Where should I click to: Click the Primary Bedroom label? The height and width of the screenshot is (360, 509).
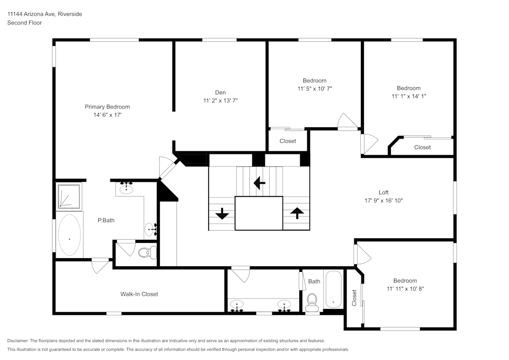107,107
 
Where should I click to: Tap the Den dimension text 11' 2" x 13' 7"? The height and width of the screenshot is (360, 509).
220,101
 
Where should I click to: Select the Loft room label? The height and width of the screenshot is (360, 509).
383,192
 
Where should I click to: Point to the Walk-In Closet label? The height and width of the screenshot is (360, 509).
139,294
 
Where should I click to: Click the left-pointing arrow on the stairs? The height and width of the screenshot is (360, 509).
260,182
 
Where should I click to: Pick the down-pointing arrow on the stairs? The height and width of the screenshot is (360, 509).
222,213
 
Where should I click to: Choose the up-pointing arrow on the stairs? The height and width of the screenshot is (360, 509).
297,212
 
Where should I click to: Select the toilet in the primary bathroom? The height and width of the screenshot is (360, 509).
147,252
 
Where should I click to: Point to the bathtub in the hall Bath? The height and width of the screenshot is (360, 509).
333,289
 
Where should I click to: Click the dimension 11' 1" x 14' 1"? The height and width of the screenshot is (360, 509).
409,96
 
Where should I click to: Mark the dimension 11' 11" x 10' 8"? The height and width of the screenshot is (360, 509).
405,289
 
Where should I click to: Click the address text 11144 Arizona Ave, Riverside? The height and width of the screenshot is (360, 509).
44,14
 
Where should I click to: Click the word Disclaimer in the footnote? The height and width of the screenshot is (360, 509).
18,341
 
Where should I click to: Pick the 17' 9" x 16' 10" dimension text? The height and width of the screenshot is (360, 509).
383,201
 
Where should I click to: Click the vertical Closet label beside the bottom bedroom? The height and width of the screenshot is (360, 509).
354,297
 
